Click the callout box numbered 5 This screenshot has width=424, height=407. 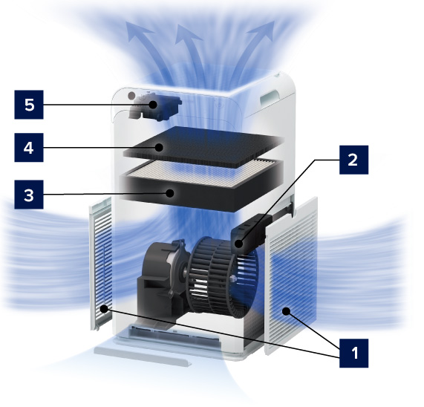coord(29,105)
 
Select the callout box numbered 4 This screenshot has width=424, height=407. coord(29,148)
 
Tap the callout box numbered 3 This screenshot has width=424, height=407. coord(29,195)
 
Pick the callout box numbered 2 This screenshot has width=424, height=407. coord(353,160)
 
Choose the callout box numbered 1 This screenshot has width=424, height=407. coord(353,354)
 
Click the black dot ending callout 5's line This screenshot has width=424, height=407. coord(153,105)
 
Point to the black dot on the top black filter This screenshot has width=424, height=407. coord(159,147)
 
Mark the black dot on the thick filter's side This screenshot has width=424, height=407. coord(170,193)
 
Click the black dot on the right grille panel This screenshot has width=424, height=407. coord(286,311)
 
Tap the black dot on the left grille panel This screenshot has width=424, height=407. coord(104,308)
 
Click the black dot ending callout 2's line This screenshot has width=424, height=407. coord(239,244)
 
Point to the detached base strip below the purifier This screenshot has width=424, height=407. coord(143,356)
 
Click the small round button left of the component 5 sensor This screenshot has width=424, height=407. coord(131,96)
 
